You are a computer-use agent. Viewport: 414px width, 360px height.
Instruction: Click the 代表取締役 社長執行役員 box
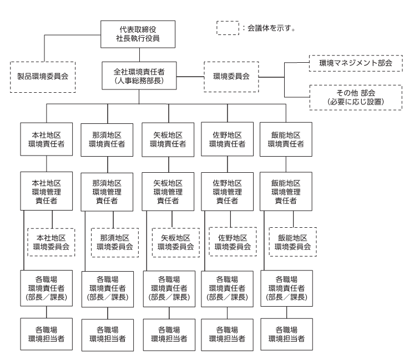point(138,34)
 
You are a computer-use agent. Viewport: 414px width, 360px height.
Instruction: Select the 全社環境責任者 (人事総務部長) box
point(139,76)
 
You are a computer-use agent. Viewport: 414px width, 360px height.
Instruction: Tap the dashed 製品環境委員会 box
point(43,77)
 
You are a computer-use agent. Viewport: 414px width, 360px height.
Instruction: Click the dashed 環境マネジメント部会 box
point(356,63)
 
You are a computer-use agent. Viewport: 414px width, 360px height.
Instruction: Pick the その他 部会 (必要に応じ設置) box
point(356,97)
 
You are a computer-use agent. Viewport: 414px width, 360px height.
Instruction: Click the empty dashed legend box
point(228,28)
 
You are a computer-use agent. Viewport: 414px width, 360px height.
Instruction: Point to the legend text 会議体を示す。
point(271,28)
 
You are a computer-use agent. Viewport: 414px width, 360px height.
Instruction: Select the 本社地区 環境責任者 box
point(47,139)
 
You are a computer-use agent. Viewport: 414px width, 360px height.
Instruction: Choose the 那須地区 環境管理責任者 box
point(107,192)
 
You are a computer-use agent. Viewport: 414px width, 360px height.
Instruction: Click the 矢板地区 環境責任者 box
point(168,139)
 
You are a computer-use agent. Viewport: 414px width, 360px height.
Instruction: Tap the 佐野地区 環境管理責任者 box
point(228,192)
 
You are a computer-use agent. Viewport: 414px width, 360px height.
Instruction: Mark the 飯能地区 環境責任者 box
point(286,139)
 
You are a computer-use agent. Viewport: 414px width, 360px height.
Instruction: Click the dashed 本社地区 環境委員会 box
point(51,242)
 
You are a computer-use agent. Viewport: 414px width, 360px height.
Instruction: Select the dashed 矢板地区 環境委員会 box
point(176,242)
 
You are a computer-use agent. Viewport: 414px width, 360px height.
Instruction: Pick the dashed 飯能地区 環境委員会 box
point(293,242)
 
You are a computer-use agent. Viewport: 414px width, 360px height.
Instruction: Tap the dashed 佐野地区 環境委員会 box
point(233,242)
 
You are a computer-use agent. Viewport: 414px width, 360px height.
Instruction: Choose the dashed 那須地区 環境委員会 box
point(115,242)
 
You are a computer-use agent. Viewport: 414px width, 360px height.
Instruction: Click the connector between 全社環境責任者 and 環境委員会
point(190,77)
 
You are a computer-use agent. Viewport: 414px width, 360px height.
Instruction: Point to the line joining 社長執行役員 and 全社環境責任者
point(139,55)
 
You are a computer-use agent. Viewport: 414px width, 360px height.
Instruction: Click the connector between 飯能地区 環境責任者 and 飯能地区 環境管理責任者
point(286,164)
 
